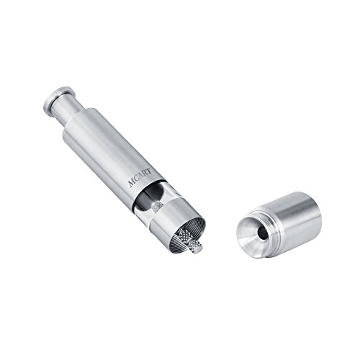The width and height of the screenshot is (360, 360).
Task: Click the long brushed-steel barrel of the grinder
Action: point(111,153)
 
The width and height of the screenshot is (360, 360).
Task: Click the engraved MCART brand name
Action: point(140,178)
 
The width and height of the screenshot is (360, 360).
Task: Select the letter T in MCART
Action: point(149,171)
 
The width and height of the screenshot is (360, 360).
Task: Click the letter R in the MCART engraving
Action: point(145,174)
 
